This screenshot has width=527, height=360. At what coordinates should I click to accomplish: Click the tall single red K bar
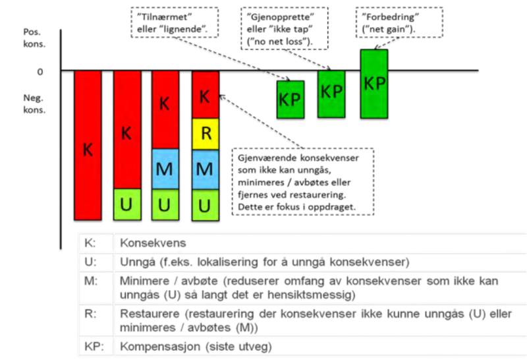pos(88,145)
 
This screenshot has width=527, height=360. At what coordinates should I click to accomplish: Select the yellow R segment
pos(205,135)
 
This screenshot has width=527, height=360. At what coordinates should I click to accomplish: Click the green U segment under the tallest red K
pos(126,204)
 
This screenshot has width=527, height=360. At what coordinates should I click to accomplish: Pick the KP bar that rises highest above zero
pos(374,83)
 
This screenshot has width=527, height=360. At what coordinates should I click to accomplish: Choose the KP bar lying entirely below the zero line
pos(291,100)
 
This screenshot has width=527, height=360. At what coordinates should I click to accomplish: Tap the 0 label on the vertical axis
pos(41,71)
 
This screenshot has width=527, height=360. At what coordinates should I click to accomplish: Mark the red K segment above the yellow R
pos(205,96)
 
